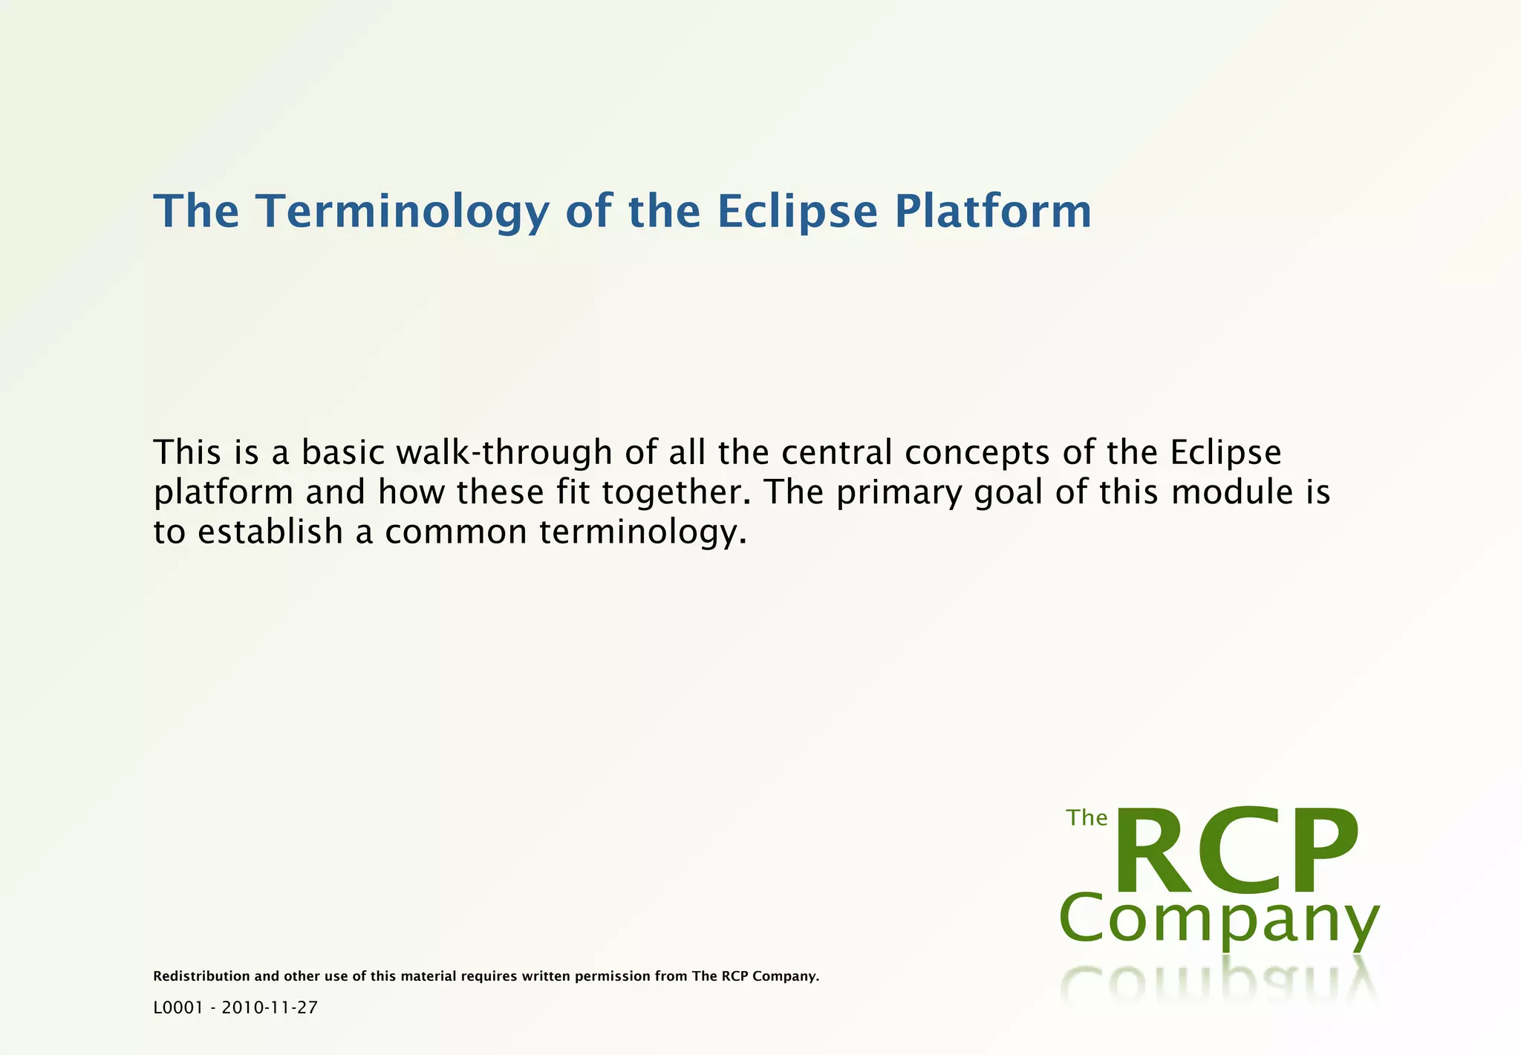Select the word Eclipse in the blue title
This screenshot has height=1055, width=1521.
(798, 212)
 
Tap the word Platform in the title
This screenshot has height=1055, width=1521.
(993, 212)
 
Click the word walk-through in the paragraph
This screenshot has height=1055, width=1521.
(504, 453)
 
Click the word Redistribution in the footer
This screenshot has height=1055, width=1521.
(201, 976)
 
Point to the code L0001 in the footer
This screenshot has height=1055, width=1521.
(177, 1007)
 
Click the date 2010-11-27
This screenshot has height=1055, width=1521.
(270, 1007)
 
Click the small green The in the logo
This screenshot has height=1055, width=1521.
(1087, 817)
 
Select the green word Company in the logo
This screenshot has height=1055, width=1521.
(1218, 921)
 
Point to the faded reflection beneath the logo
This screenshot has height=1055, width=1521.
(1218, 984)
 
